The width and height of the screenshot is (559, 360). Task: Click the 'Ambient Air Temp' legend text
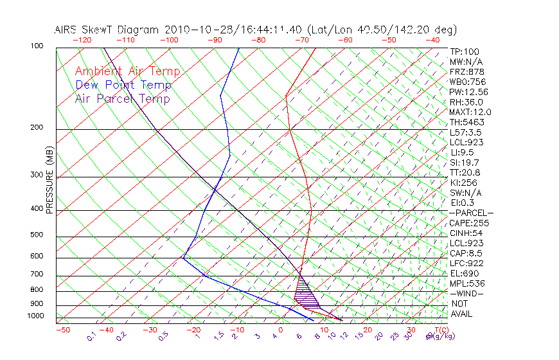tap(127, 71)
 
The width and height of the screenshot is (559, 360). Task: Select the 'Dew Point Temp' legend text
tap(123, 85)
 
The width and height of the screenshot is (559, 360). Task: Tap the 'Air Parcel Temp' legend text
tap(122, 98)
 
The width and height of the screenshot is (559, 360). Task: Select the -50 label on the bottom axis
tap(62, 330)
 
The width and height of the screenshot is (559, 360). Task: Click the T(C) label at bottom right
tap(440, 330)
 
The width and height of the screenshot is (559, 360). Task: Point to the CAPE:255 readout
tap(469, 223)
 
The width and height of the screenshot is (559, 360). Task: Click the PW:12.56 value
tap(469, 92)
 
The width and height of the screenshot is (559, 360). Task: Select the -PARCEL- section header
tap(471, 213)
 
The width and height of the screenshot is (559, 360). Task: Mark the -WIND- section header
tap(467, 293)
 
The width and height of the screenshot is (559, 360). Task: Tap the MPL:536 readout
tap(468, 283)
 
